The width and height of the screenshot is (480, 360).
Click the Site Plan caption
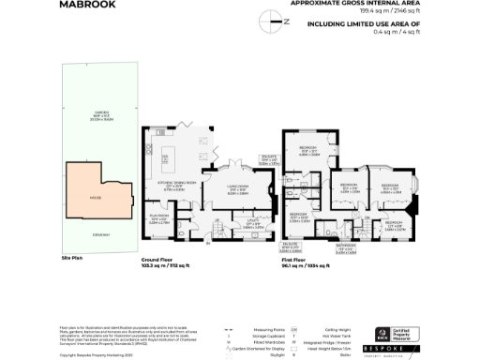click(x=72, y=257)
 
